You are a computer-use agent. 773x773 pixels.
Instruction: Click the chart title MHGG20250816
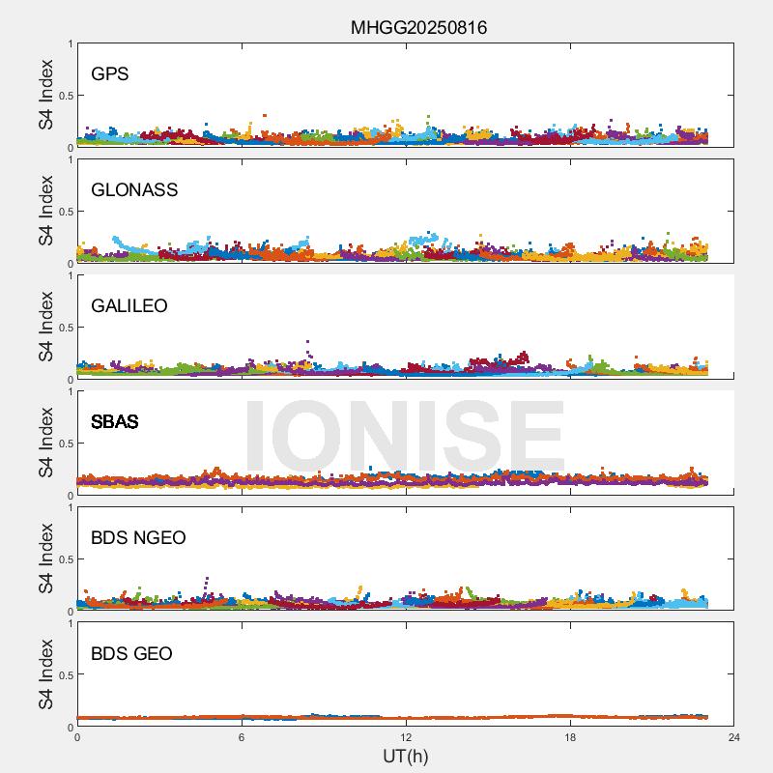pos(418,28)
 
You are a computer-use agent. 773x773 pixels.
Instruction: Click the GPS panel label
pos(110,73)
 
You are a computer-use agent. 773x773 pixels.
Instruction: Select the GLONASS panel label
pos(134,189)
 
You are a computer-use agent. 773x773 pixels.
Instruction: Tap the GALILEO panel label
pos(129,305)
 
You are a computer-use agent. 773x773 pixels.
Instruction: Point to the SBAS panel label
pos(115,421)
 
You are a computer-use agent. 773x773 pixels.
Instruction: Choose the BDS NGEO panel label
pos(138,537)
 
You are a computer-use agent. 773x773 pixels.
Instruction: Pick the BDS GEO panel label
pos(131,653)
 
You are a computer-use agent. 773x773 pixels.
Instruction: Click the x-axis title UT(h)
pos(405,755)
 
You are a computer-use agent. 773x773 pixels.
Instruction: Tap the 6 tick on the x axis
pos(242,737)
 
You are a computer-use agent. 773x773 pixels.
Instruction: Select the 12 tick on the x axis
pos(406,737)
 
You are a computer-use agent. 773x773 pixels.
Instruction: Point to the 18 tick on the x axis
pos(570,737)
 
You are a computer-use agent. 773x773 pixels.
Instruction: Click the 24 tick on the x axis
pos(734,737)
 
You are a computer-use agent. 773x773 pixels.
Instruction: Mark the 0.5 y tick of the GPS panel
pos(66,96)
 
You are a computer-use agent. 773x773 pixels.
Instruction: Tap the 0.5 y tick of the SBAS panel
pos(66,444)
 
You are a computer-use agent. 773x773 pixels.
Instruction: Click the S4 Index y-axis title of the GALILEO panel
pos(46,327)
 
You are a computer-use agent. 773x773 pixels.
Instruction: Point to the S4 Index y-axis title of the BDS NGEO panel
pos(46,558)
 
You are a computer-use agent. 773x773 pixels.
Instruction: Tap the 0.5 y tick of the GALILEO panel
pos(66,328)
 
